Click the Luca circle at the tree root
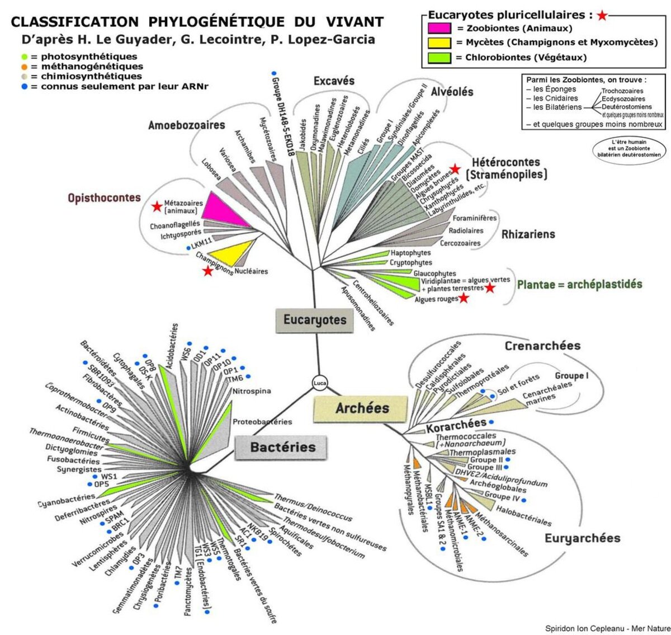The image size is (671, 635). point(320,383)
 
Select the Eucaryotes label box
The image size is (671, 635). point(314,321)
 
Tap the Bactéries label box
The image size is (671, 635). point(282,447)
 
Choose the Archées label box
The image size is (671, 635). point(361,408)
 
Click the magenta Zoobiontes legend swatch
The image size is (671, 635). point(440,28)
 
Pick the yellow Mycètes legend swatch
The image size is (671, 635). point(440,43)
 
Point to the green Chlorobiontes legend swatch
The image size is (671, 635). point(440,57)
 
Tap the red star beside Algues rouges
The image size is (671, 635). point(464,299)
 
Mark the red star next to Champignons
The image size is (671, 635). point(208,271)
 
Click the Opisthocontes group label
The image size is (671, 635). point(104,198)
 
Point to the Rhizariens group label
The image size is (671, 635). point(528,234)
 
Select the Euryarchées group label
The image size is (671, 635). point(582,538)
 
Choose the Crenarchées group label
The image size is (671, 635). point(542,346)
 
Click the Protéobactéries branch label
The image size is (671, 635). point(262,422)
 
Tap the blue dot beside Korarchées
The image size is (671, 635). point(492,422)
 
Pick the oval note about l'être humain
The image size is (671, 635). point(629,148)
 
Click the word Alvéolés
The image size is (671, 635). point(452,92)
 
